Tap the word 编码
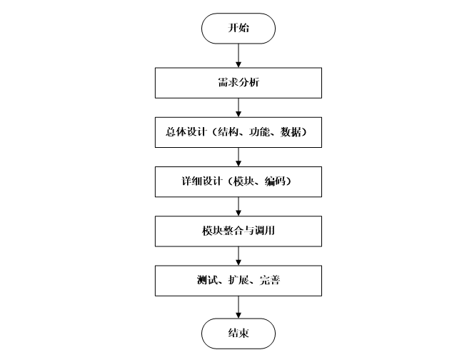[x=276, y=182]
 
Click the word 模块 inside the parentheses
[x=241, y=182]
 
